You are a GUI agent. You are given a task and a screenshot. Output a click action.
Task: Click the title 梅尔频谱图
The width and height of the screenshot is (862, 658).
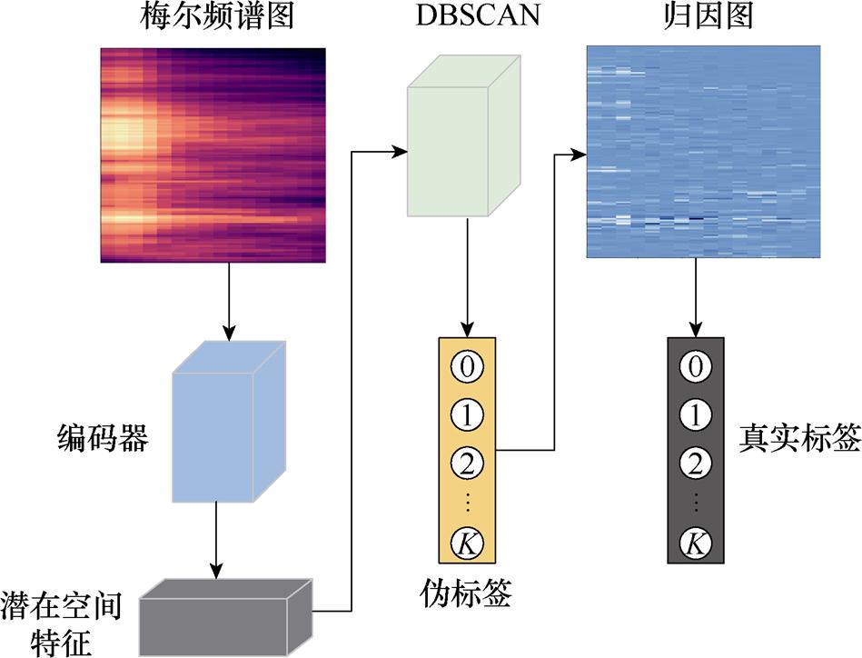tap(211, 18)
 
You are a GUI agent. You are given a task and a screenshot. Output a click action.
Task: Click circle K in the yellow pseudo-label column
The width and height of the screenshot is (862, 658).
tap(467, 546)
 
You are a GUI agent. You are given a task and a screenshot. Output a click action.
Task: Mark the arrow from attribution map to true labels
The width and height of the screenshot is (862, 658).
tap(696, 295)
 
